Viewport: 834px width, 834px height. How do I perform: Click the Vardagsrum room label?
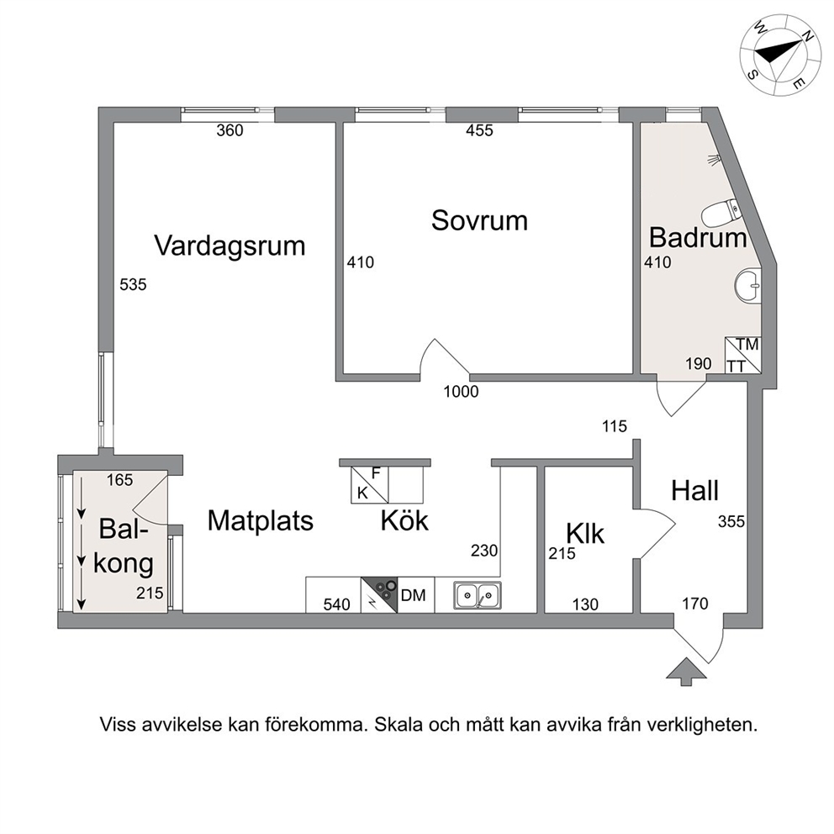(x=230, y=246)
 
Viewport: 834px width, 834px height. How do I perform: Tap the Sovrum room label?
(x=479, y=220)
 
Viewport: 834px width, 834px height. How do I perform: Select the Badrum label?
(x=698, y=237)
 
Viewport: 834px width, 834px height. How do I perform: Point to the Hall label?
(x=694, y=490)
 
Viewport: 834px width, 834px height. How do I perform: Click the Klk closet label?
(x=585, y=533)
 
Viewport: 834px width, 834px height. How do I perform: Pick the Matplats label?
(x=260, y=520)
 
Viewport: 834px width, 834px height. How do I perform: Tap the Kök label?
(x=404, y=520)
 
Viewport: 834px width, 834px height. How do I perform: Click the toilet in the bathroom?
(x=720, y=212)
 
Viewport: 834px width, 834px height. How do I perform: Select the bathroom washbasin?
(x=748, y=286)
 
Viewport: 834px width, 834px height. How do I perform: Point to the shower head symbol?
(x=713, y=159)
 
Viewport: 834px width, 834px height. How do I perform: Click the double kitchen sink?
(x=477, y=594)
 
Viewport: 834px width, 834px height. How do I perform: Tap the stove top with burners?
(x=379, y=594)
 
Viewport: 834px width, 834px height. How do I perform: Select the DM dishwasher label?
(x=414, y=595)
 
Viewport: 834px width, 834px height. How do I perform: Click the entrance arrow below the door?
(x=686, y=672)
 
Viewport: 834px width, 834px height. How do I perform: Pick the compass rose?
(x=779, y=55)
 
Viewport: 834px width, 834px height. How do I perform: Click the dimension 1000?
(x=462, y=392)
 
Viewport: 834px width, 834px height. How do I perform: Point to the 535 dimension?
(x=133, y=285)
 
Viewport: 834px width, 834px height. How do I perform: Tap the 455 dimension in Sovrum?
(x=479, y=131)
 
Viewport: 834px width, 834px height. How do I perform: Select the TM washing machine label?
(x=748, y=345)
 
